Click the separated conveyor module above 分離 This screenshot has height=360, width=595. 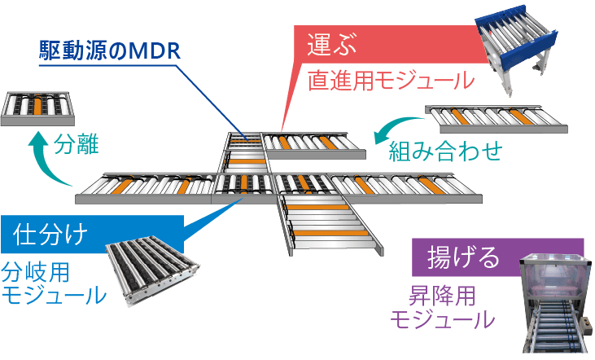37,107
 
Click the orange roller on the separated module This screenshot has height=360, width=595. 37,105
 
